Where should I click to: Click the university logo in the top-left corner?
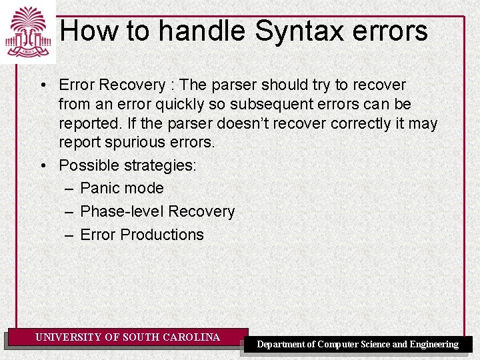[27, 31]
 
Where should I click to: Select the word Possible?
[87, 165]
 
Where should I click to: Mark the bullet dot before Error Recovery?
[42, 85]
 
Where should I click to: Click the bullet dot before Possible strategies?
[42, 165]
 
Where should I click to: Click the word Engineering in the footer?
[434, 345]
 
